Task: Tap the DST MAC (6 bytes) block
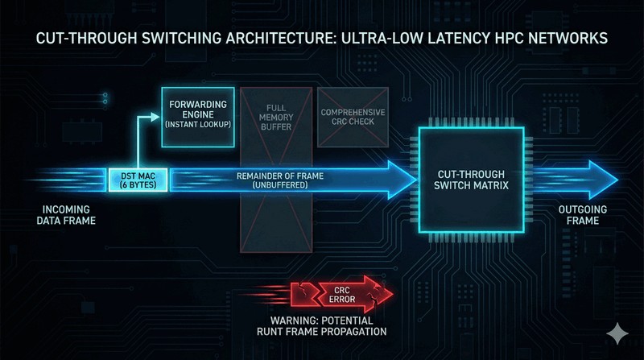coord(138,180)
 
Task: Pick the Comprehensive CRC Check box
coord(351,117)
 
